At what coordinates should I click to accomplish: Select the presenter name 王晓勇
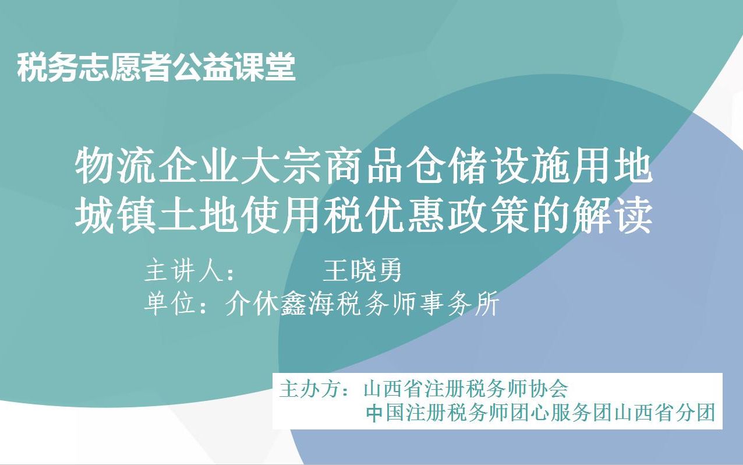[x=363, y=272]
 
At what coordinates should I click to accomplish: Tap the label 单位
[x=169, y=304]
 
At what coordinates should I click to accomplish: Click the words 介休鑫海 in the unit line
[x=279, y=304]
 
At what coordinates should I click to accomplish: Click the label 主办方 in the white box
[x=309, y=389]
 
